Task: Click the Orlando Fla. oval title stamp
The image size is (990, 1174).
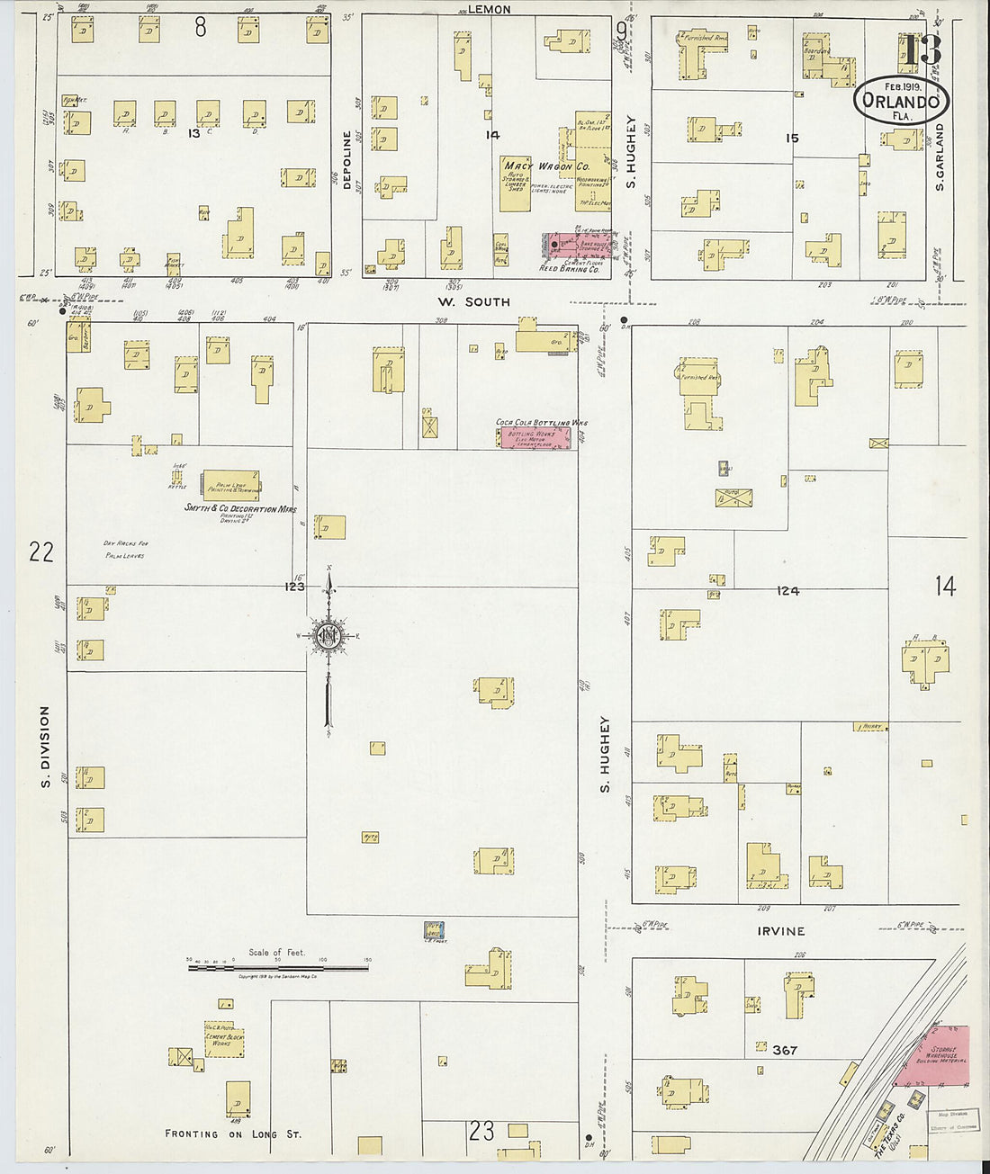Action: pyautogui.click(x=901, y=101)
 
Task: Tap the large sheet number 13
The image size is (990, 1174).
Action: pyautogui.click(x=923, y=50)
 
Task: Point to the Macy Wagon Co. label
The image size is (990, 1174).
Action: pyautogui.click(x=545, y=166)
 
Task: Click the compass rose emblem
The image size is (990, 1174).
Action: pyautogui.click(x=328, y=636)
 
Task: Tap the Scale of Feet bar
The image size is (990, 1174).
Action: pyautogui.click(x=278, y=968)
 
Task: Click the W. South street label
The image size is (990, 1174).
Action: pyautogui.click(x=473, y=302)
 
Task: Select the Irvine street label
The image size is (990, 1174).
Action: pyautogui.click(x=779, y=931)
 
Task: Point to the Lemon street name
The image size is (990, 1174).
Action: pyautogui.click(x=490, y=9)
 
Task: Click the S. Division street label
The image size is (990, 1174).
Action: pyautogui.click(x=45, y=747)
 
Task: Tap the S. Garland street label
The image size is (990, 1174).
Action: pyautogui.click(x=939, y=157)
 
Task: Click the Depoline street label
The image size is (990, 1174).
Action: pyautogui.click(x=346, y=160)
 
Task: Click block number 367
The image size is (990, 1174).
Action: pyautogui.click(x=784, y=1050)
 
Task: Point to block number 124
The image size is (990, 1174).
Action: pyautogui.click(x=787, y=591)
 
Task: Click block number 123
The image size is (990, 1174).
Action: pyautogui.click(x=294, y=587)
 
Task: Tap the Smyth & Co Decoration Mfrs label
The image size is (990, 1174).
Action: pyautogui.click(x=239, y=509)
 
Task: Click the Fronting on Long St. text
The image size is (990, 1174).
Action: pyautogui.click(x=232, y=1134)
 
